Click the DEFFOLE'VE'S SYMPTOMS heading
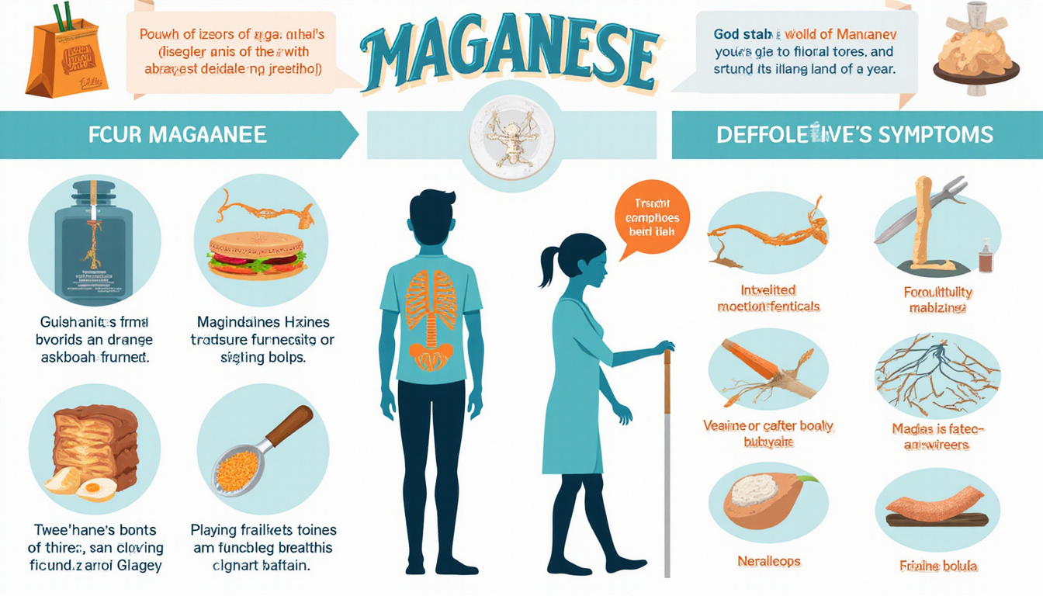click(x=854, y=134)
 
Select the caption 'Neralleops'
click(x=768, y=560)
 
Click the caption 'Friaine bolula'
click(x=938, y=566)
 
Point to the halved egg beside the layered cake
click(x=97, y=488)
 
